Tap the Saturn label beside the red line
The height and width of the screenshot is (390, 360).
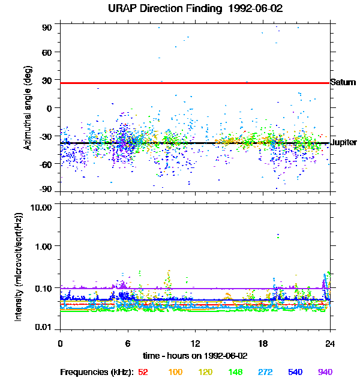[343, 82]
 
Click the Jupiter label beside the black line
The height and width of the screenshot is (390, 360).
[344, 142]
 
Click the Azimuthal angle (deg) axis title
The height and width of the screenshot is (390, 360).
[28, 108]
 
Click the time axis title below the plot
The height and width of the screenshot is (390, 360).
[195, 356]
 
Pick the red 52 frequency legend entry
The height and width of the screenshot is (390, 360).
[143, 372]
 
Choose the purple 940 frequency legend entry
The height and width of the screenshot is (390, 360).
[325, 372]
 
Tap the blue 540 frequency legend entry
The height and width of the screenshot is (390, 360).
[295, 372]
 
